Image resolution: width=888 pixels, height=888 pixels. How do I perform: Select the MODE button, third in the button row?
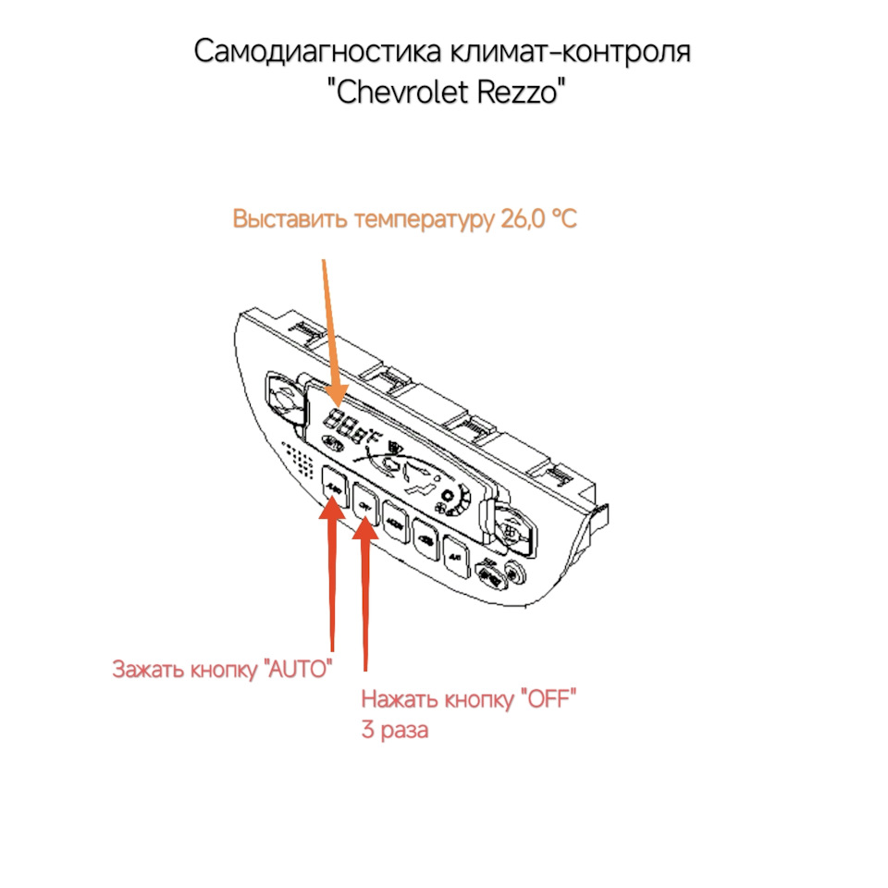[395, 520]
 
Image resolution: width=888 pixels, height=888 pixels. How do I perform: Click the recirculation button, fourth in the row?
[425, 536]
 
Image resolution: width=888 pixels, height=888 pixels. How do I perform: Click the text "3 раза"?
[395, 730]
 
